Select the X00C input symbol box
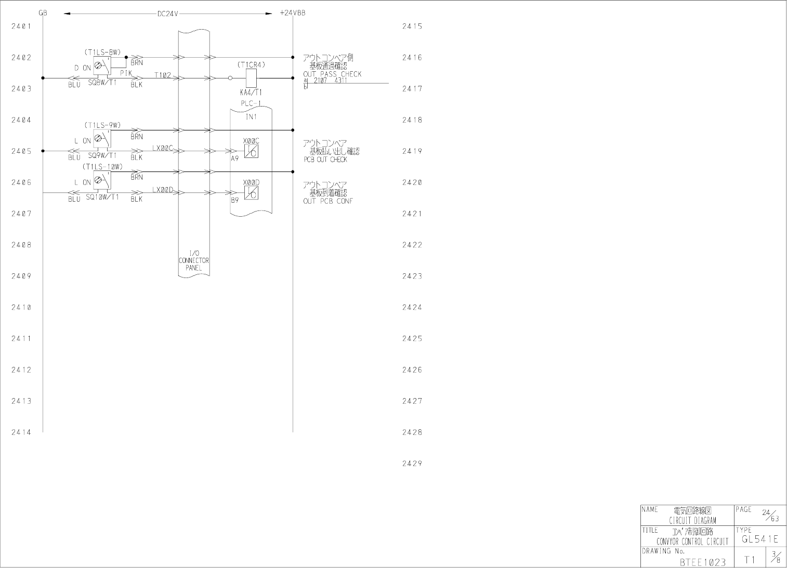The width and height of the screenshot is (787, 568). click(x=251, y=151)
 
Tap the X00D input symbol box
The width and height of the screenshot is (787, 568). click(x=251, y=193)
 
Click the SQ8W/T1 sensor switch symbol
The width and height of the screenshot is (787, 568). click(x=102, y=67)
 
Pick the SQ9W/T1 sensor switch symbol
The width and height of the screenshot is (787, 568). click(x=102, y=140)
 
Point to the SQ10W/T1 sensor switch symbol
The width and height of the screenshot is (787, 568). click(x=102, y=181)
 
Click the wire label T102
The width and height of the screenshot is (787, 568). click(x=163, y=75)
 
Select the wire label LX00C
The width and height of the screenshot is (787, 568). click(x=163, y=148)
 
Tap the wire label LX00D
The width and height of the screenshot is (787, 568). click(x=163, y=190)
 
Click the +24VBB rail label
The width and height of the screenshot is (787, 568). click(x=292, y=13)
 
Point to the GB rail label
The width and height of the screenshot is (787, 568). click(x=43, y=13)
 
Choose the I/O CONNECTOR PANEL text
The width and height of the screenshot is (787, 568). click(x=194, y=260)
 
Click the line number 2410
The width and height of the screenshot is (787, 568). click(x=21, y=307)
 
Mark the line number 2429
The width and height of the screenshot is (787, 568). click(x=412, y=464)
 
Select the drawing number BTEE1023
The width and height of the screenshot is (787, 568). click(x=702, y=562)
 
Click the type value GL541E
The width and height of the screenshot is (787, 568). click(x=760, y=539)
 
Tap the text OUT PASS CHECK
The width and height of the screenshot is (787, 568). click(x=332, y=74)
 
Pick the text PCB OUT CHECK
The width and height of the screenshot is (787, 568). click(x=325, y=160)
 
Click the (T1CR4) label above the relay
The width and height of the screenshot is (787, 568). click(x=252, y=65)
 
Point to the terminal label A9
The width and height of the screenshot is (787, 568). click(x=235, y=158)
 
